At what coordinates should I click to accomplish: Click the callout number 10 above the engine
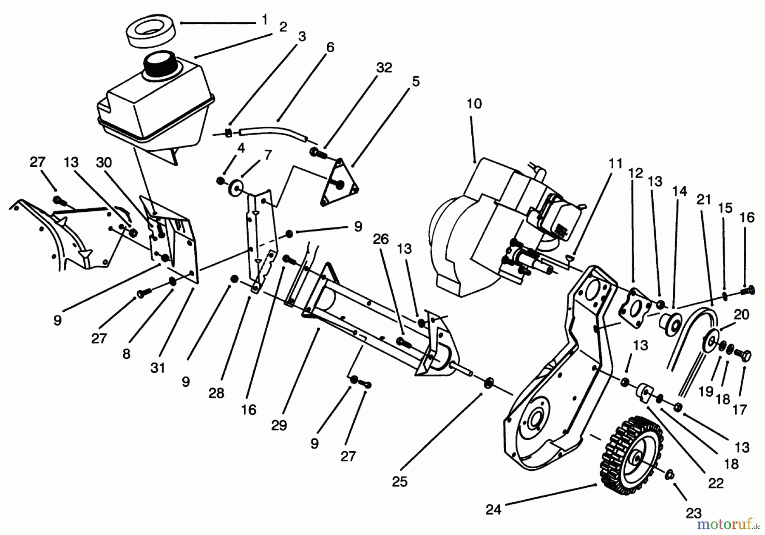[x=474, y=104]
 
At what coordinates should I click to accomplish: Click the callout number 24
[x=493, y=509]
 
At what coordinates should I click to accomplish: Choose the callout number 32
[x=384, y=68]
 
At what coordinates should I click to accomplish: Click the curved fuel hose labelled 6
[x=272, y=128]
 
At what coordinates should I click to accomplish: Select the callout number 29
[x=279, y=425]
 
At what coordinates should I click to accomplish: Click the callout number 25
[x=399, y=481]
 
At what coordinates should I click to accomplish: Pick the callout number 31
[x=158, y=367]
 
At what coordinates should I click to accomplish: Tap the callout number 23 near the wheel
[x=693, y=513]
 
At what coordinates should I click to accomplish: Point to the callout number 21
[x=704, y=199]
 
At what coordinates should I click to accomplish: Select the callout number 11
[x=615, y=163]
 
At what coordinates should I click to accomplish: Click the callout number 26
[x=381, y=239]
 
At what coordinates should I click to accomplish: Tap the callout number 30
[x=104, y=162]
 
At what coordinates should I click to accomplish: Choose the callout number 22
[x=716, y=484]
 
